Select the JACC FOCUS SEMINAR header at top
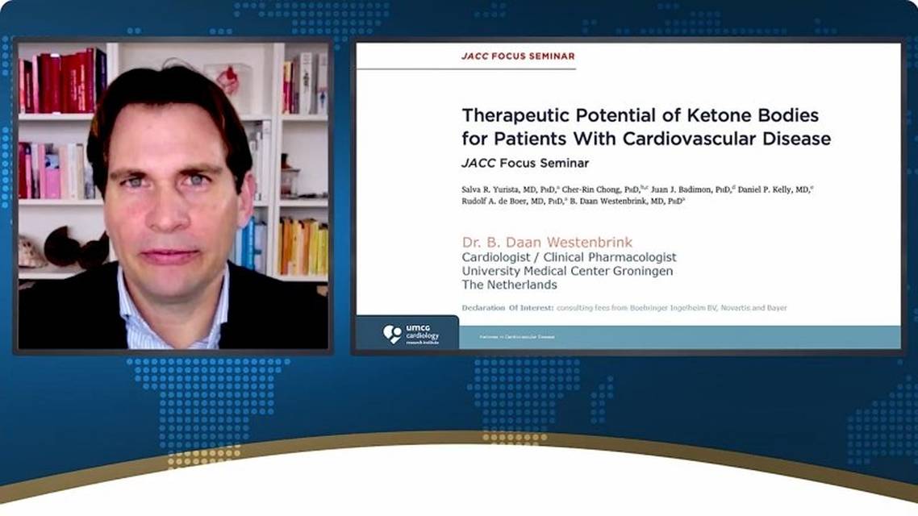518,56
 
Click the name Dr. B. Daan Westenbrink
547,242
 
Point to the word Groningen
636,271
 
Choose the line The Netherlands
509,285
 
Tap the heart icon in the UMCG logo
393,333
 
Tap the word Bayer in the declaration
775,308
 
